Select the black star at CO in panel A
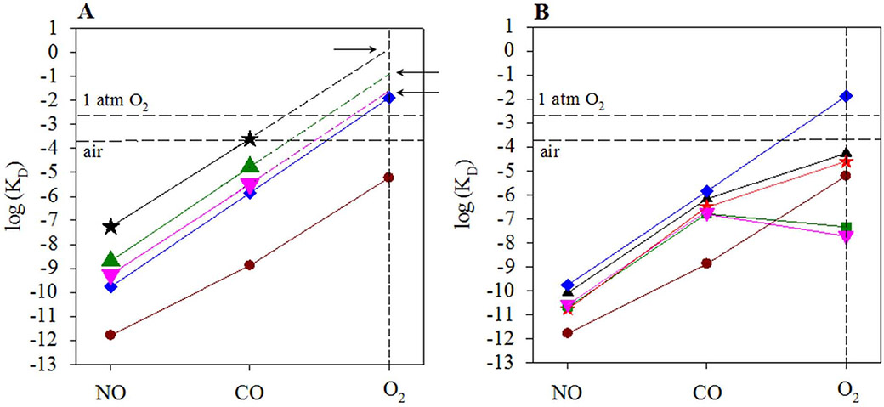point(249,138)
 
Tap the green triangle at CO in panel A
point(249,166)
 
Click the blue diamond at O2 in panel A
point(388,98)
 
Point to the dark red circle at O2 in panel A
point(388,177)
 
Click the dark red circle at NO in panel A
point(110,334)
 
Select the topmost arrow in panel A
point(354,49)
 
